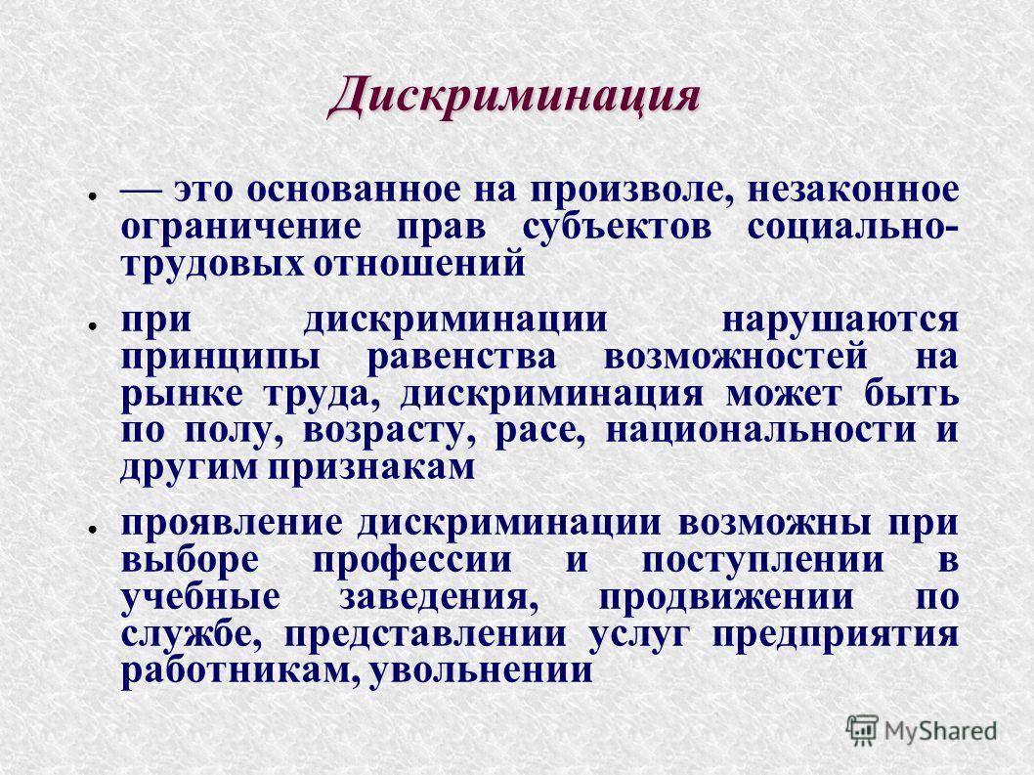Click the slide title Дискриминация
click(513, 97)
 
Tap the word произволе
click(635, 191)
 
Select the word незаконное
click(853, 190)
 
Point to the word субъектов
click(618, 228)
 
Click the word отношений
click(418, 265)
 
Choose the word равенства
click(461, 358)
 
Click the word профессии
click(412, 561)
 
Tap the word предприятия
click(836, 635)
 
